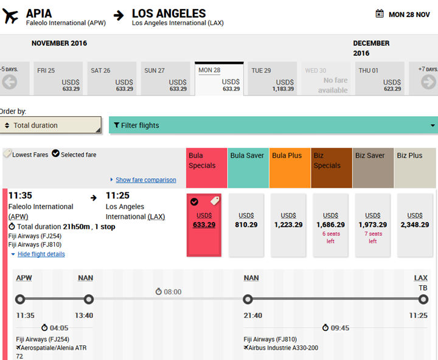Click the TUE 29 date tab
[273, 79]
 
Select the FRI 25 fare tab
[58, 79]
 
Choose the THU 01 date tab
[380, 79]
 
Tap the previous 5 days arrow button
[9, 81]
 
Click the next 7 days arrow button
[428, 81]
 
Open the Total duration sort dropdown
[51, 125]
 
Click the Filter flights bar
[273, 125]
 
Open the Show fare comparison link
[145, 180]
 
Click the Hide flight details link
[41, 254]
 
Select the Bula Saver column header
[248, 156]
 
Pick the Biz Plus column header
[415, 156]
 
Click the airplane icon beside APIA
[10, 16]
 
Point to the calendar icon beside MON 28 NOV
[380, 14]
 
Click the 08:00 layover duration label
[169, 292]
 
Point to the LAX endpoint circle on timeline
[415, 299]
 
